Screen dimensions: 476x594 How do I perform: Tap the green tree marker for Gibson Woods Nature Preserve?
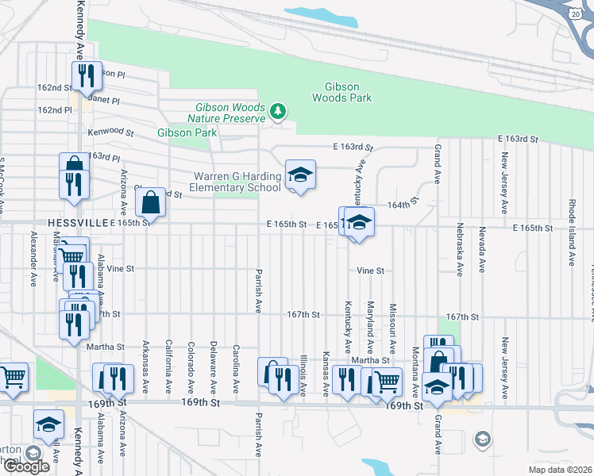(x=277, y=110)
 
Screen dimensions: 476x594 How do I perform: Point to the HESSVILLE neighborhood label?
(x=76, y=223)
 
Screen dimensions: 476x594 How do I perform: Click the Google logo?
(x=26, y=466)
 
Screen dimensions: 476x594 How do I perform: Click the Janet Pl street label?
(x=103, y=101)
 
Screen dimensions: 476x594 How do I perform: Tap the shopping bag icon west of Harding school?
(x=150, y=204)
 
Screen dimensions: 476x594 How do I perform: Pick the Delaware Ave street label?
(x=214, y=367)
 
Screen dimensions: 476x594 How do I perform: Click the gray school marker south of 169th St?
(x=481, y=439)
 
